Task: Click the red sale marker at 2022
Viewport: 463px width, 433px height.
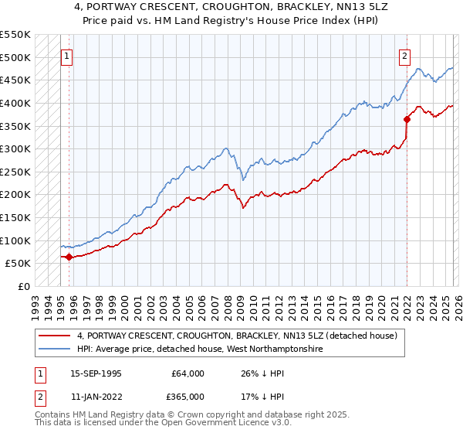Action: (x=407, y=119)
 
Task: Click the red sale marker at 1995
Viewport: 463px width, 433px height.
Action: (x=69, y=257)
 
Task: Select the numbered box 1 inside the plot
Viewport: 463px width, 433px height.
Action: (x=67, y=56)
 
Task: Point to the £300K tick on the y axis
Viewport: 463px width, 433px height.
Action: (x=15, y=148)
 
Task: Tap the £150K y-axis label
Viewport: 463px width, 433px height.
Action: (x=15, y=217)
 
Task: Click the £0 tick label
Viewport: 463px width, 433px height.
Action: (x=23, y=286)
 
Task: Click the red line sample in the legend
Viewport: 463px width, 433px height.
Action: (x=56, y=336)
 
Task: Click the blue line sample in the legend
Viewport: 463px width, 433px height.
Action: (x=56, y=349)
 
